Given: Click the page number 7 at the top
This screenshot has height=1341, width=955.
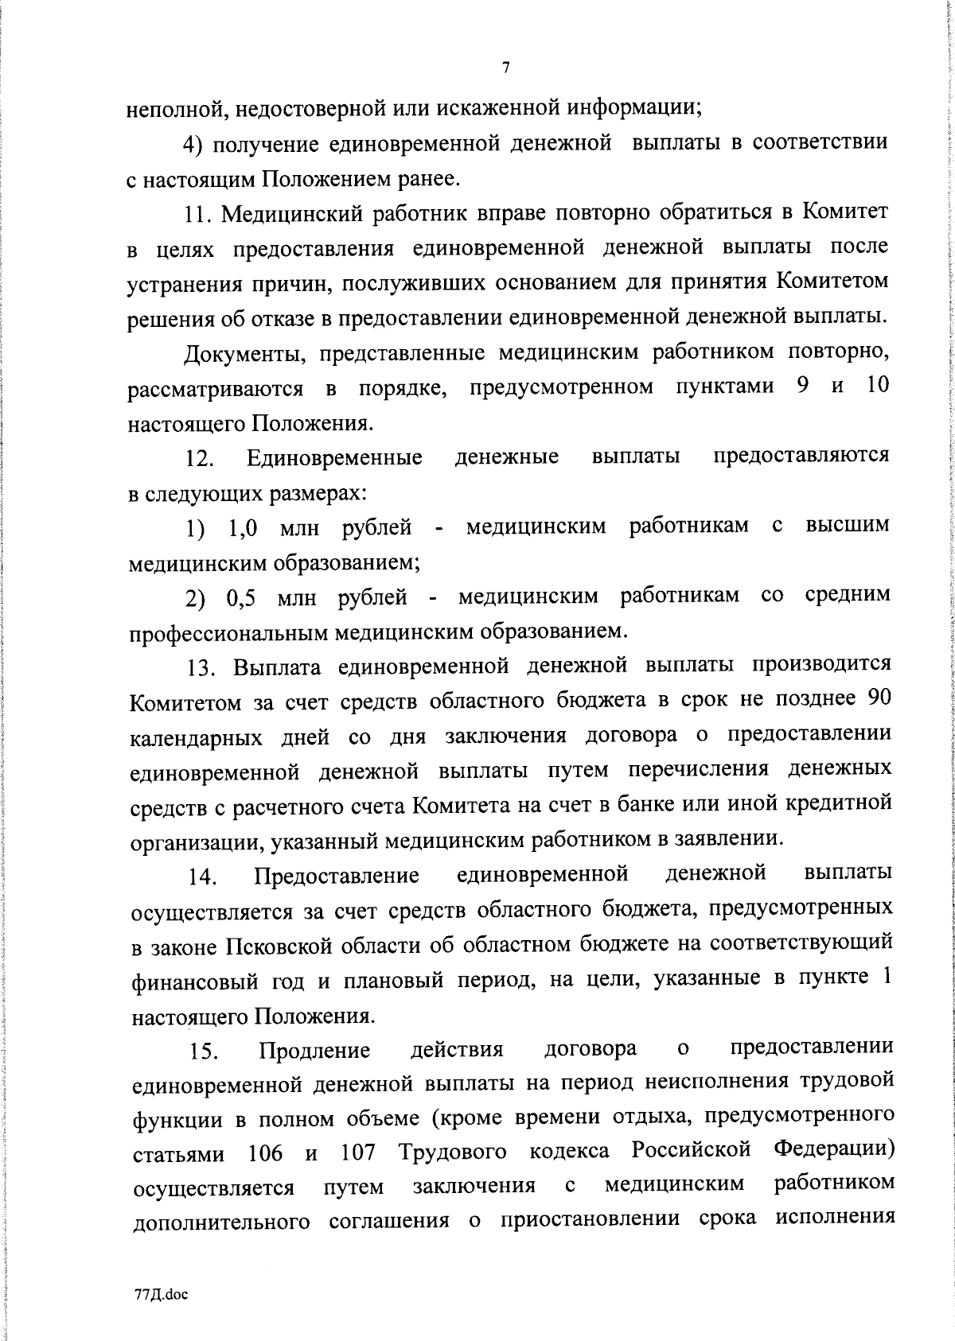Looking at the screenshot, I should click(x=506, y=68).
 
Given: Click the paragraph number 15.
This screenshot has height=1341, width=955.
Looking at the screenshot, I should click(x=205, y=1051).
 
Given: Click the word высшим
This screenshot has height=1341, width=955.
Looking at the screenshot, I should click(x=848, y=527).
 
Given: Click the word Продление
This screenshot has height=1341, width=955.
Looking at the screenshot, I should click(x=315, y=1051).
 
